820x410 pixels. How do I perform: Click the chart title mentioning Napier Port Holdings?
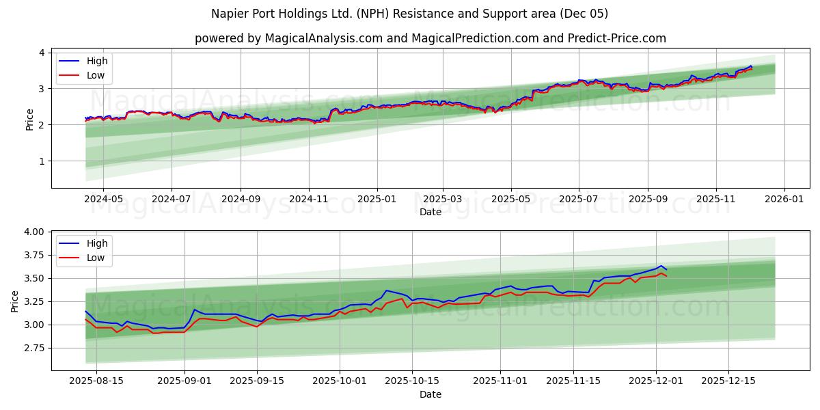(x=410, y=14)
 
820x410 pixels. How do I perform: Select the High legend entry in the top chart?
(x=97, y=61)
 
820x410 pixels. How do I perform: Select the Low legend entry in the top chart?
(x=96, y=75)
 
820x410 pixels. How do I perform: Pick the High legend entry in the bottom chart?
(x=97, y=243)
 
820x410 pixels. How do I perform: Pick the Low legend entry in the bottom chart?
(x=96, y=258)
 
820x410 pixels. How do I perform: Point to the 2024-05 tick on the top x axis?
(x=103, y=199)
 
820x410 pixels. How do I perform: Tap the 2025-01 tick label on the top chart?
(x=377, y=199)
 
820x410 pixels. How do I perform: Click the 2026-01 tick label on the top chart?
(x=784, y=199)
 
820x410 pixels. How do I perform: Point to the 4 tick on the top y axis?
(x=42, y=53)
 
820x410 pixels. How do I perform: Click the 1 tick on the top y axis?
(x=42, y=161)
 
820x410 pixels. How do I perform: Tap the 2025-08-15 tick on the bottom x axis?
(x=96, y=381)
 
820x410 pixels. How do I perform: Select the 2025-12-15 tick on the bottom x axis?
(x=728, y=381)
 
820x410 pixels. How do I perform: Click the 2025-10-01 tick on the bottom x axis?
(x=340, y=381)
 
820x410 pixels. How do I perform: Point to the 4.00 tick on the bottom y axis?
(x=34, y=232)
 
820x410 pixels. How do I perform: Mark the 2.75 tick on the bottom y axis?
(x=34, y=348)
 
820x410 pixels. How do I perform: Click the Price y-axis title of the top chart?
(x=29, y=119)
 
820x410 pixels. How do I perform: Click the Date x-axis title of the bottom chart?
(x=430, y=394)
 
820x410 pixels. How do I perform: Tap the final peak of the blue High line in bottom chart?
(x=660, y=266)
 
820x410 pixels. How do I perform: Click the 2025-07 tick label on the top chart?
(x=579, y=199)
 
